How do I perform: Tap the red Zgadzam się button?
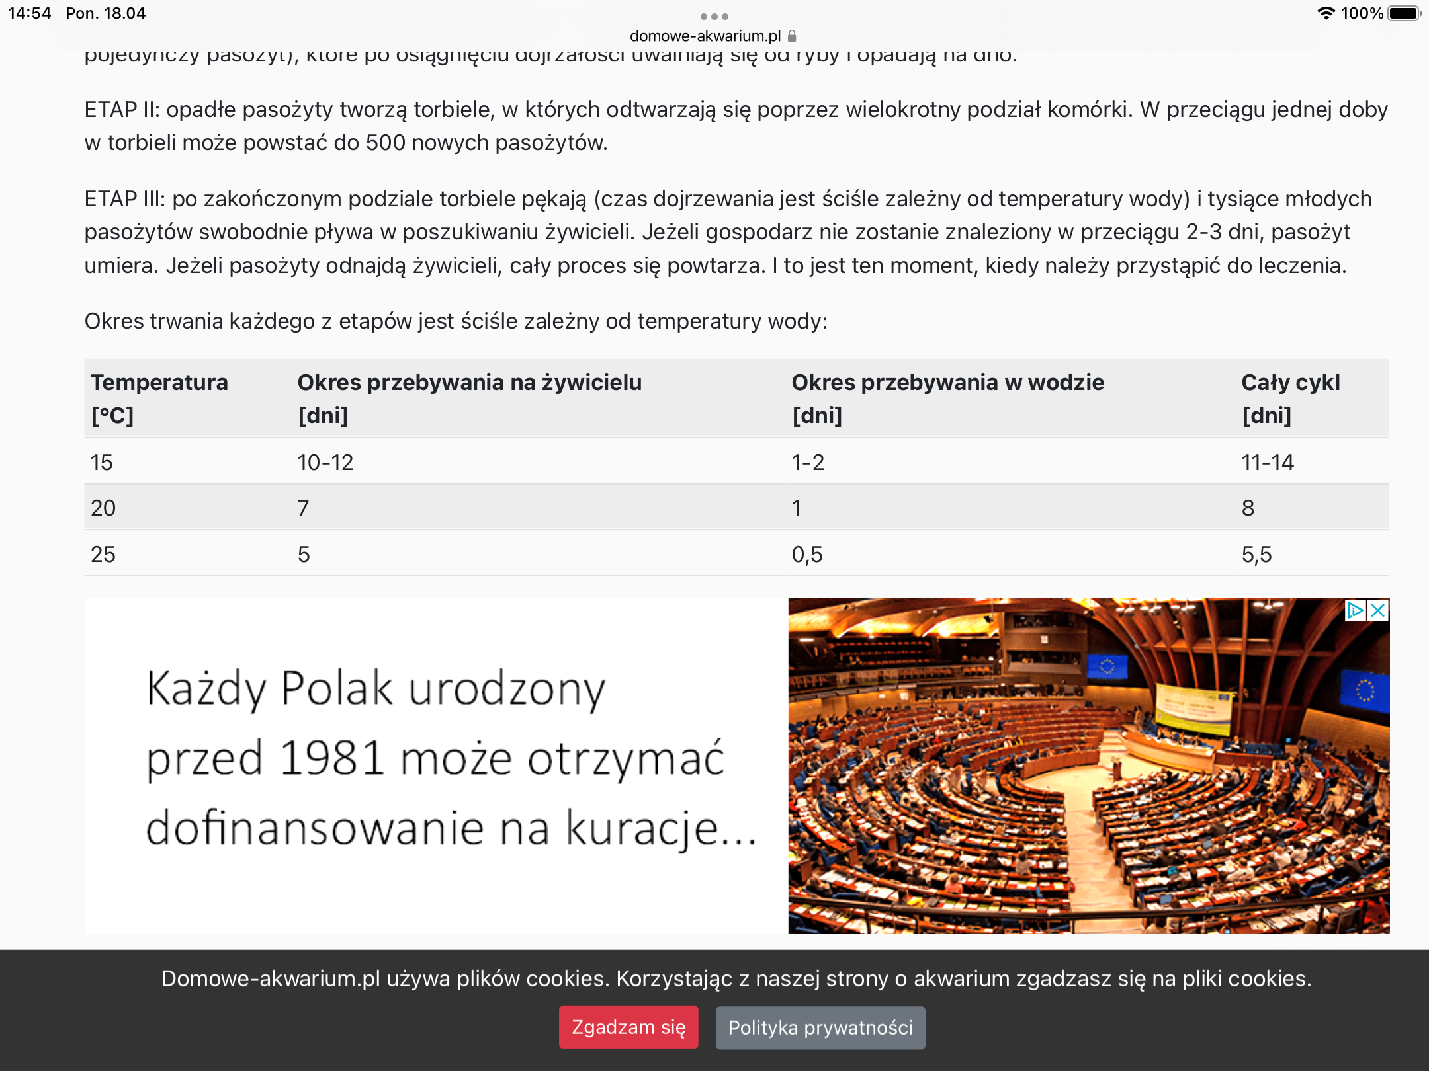click(x=628, y=1027)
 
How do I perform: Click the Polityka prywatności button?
click(x=820, y=1027)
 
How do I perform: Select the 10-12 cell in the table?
click(x=325, y=462)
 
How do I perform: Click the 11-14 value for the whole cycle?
click(x=1268, y=462)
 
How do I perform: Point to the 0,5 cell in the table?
click(x=807, y=554)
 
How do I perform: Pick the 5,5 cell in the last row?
click(x=1256, y=554)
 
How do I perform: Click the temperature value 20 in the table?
click(x=103, y=508)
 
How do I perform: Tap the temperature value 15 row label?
click(x=102, y=462)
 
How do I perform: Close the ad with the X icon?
click(x=1378, y=610)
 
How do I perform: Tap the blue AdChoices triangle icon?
click(x=1356, y=610)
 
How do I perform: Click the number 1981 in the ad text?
click(x=331, y=758)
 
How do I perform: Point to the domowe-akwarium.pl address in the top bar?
click(x=705, y=36)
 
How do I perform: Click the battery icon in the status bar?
click(x=1404, y=13)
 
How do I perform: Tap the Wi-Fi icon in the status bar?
click(x=1326, y=13)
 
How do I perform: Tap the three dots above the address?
click(x=714, y=17)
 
